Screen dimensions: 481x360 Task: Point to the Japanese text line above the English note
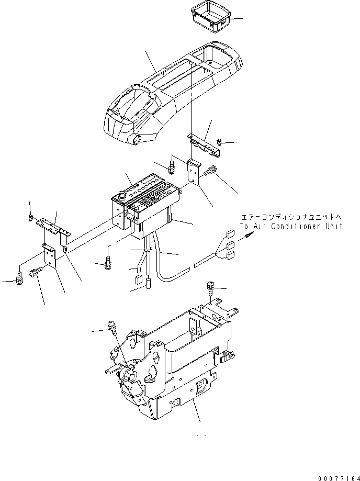coord(292,217)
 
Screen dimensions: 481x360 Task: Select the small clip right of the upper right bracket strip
coord(220,141)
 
